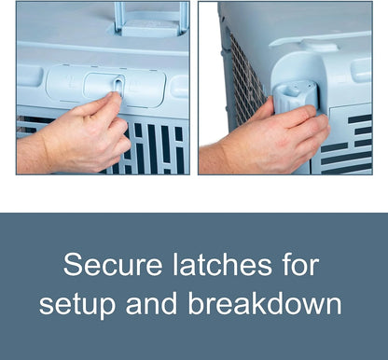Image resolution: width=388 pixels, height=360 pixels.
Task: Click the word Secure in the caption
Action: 113,264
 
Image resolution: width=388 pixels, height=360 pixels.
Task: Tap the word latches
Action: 222,264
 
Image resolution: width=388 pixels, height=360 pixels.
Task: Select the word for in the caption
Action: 301,264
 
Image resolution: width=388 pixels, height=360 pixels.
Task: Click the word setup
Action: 77,303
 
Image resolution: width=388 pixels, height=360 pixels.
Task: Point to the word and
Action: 151,302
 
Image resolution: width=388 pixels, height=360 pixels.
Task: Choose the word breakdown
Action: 265,302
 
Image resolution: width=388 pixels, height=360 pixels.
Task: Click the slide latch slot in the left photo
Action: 118,86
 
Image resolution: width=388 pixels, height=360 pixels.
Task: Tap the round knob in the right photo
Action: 293,96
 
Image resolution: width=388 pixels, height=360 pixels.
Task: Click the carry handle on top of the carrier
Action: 151,20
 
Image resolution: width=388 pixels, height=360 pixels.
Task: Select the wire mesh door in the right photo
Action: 245,81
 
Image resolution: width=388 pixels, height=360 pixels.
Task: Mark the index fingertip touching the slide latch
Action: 114,97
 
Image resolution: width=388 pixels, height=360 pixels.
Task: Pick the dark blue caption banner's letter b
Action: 197,302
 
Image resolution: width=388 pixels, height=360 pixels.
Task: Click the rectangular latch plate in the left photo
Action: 105,86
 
